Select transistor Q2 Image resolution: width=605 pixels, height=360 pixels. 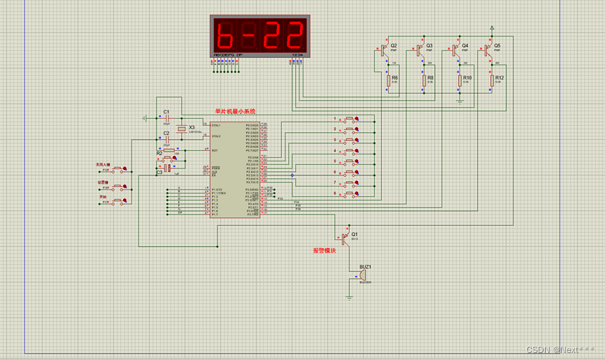point(384,50)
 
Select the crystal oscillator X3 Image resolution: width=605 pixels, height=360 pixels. point(183,130)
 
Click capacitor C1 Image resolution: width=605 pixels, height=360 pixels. point(166,117)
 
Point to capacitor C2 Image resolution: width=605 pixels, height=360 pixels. point(166,138)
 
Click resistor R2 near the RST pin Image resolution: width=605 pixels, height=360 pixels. point(167,150)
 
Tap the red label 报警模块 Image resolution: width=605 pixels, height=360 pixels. point(324,250)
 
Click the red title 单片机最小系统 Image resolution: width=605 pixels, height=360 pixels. point(235,111)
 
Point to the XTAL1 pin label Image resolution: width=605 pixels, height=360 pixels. point(216,126)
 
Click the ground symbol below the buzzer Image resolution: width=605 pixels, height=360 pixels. point(349,297)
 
